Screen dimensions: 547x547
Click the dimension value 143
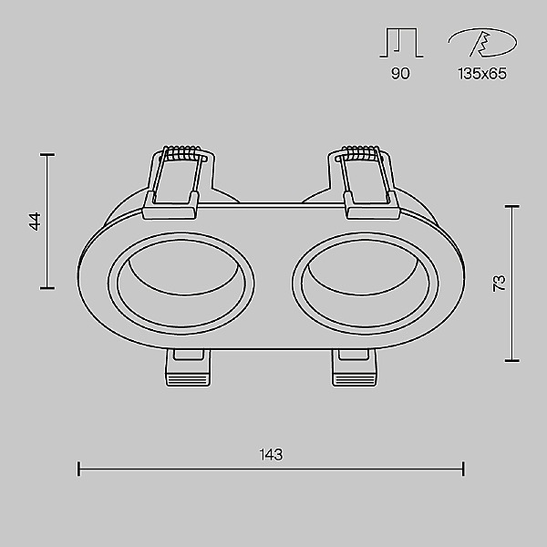tap(271, 455)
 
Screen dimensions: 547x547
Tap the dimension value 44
tap(35, 222)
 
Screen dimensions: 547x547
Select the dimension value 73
tap(500, 284)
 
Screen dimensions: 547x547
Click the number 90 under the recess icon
tap(400, 74)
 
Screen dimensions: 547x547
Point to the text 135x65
tap(482, 74)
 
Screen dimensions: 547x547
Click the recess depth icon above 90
tap(401, 43)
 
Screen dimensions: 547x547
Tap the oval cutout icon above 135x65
tap(483, 43)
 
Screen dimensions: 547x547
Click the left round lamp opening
tap(181, 283)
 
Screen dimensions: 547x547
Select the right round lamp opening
tap(366, 283)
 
